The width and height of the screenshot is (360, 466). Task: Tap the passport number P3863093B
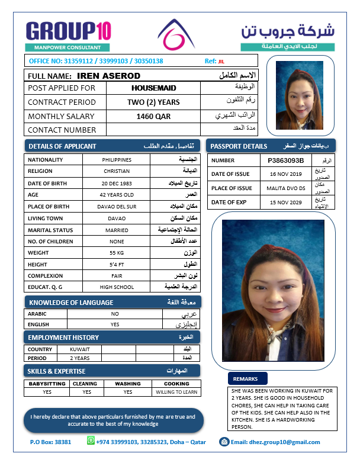285,160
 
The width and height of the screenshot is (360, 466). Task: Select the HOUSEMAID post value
153,88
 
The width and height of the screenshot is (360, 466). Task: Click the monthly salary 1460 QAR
153,116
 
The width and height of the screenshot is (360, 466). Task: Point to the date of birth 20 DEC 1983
117,183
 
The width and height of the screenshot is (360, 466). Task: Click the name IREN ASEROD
108,76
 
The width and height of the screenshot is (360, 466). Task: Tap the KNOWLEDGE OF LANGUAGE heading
70,303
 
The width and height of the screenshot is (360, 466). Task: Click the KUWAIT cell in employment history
80,349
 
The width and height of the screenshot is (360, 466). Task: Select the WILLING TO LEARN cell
176,392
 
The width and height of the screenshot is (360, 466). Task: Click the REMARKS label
245,378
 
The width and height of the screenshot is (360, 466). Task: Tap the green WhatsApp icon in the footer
91,441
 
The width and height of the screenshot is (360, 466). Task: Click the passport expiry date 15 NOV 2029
285,203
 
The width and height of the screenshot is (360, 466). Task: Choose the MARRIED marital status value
117,230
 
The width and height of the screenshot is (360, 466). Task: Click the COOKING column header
176,384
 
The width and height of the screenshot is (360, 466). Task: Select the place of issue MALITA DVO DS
285,188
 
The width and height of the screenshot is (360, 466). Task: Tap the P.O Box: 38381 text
50,442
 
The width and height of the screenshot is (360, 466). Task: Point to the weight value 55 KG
117,253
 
